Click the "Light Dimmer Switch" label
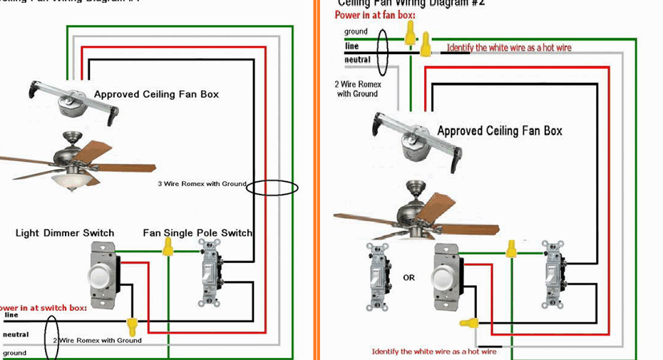point(65,233)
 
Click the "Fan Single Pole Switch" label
point(197,233)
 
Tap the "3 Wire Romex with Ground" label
point(202,184)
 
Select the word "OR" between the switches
point(408,278)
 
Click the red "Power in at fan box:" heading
point(375,15)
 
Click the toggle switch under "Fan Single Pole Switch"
point(210,274)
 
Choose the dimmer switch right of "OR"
point(447,277)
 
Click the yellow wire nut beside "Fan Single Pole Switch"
point(168,247)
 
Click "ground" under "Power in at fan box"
point(356,32)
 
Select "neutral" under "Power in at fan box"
point(357,60)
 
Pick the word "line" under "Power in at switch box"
point(11,314)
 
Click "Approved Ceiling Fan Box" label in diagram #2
point(499,131)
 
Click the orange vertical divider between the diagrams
point(316,178)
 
